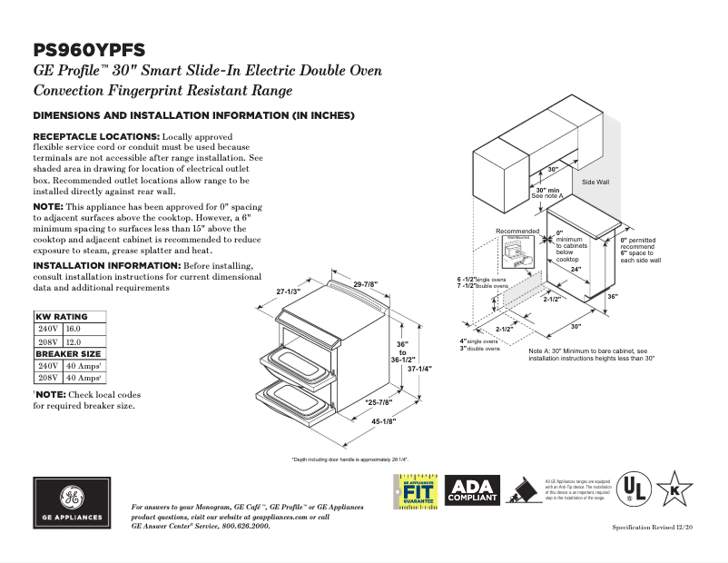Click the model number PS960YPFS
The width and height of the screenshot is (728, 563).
coord(88,50)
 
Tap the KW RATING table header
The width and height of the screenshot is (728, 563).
coord(62,316)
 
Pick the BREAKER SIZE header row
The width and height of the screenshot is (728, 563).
coord(67,353)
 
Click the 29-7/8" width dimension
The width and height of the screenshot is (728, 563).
coord(367,284)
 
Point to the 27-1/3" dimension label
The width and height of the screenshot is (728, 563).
coord(288,291)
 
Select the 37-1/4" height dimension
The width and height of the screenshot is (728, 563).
coord(419,369)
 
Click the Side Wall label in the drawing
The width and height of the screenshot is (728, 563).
coord(595,183)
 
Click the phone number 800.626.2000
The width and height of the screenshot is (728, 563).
coord(242,526)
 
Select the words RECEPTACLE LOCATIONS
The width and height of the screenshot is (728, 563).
coord(96,135)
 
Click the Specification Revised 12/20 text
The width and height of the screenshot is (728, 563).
coord(653,527)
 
